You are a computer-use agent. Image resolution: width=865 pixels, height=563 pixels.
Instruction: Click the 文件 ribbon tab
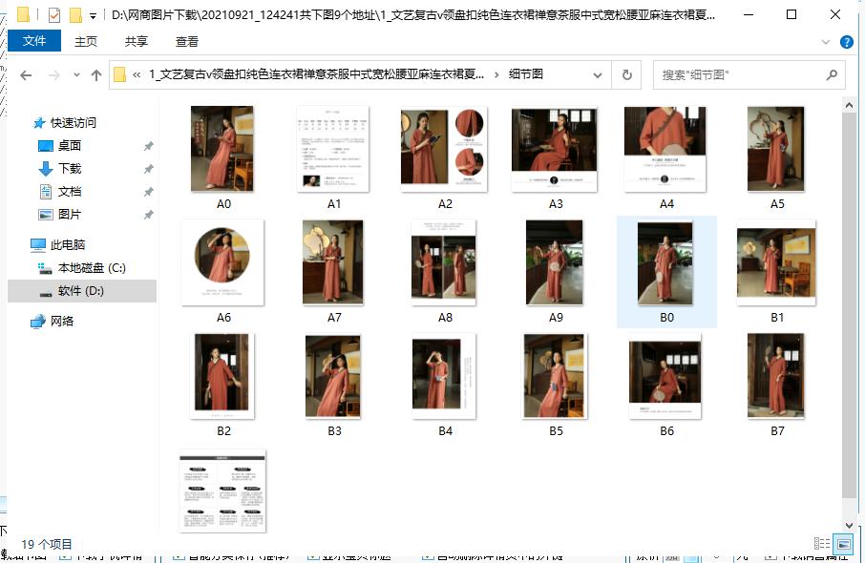[x=34, y=41]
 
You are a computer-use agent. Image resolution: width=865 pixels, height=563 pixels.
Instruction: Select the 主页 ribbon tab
[x=86, y=41]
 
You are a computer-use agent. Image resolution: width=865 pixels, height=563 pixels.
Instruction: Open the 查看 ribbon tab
[x=187, y=41]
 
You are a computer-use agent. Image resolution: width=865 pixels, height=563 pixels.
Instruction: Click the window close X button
[x=835, y=14]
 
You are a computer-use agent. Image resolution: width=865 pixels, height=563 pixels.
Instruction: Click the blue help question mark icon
[x=846, y=42]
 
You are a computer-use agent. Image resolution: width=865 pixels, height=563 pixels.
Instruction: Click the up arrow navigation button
[x=95, y=75]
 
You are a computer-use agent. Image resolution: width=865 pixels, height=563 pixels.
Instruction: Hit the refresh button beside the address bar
[x=626, y=74]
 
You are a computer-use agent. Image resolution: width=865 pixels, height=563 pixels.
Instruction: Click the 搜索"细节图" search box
[x=740, y=74]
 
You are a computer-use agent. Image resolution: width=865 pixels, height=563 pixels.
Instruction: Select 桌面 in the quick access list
[x=70, y=145]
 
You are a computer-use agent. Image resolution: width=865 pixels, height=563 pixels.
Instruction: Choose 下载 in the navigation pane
[x=70, y=168]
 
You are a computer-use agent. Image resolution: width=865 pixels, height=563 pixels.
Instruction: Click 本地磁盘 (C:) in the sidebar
[x=91, y=268]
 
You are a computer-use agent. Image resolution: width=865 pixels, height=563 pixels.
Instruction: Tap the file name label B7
[x=777, y=431]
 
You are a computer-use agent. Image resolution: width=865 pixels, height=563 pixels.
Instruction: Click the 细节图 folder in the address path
[x=526, y=74]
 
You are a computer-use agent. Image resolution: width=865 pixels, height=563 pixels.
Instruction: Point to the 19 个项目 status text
[x=47, y=544]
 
